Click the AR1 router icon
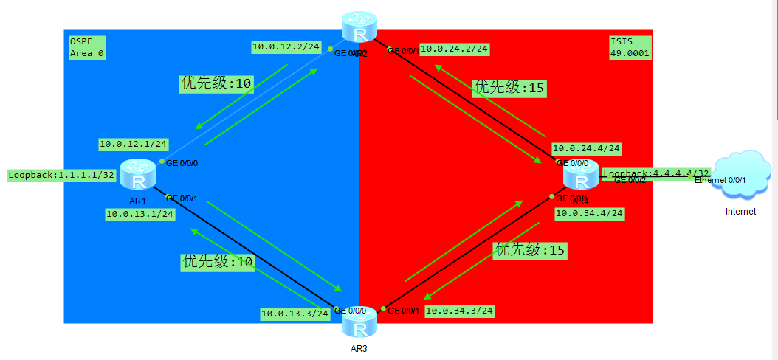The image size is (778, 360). pyautogui.click(x=137, y=174)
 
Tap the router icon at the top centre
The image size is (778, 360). pyautogui.click(x=359, y=28)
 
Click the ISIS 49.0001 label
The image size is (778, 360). pyautogui.click(x=630, y=46)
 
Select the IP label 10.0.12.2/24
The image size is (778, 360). pyautogui.click(x=286, y=46)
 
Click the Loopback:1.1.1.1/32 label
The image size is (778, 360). pyautogui.click(x=61, y=176)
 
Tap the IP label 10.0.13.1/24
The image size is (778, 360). pyautogui.click(x=140, y=214)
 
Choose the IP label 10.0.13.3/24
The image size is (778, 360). pyautogui.click(x=295, y=314)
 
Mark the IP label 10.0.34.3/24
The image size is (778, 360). pyautogui.click(x=459, y=311)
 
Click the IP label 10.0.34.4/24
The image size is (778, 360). pyautogui.click(x=589, y=214)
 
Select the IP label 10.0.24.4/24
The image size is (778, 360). pyautogui.click(x=586, y=148)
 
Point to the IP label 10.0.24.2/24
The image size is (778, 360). pyautogui.click(x=454, y=49)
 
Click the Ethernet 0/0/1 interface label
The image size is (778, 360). pyautogui.click(x=720, y=180)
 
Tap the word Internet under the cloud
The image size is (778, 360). pyautogui.click(x=740, y=212)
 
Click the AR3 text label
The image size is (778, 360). pyautogui.click(x=359, y=349)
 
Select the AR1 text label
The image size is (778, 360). pyautogui.click(x=137, y=200)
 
